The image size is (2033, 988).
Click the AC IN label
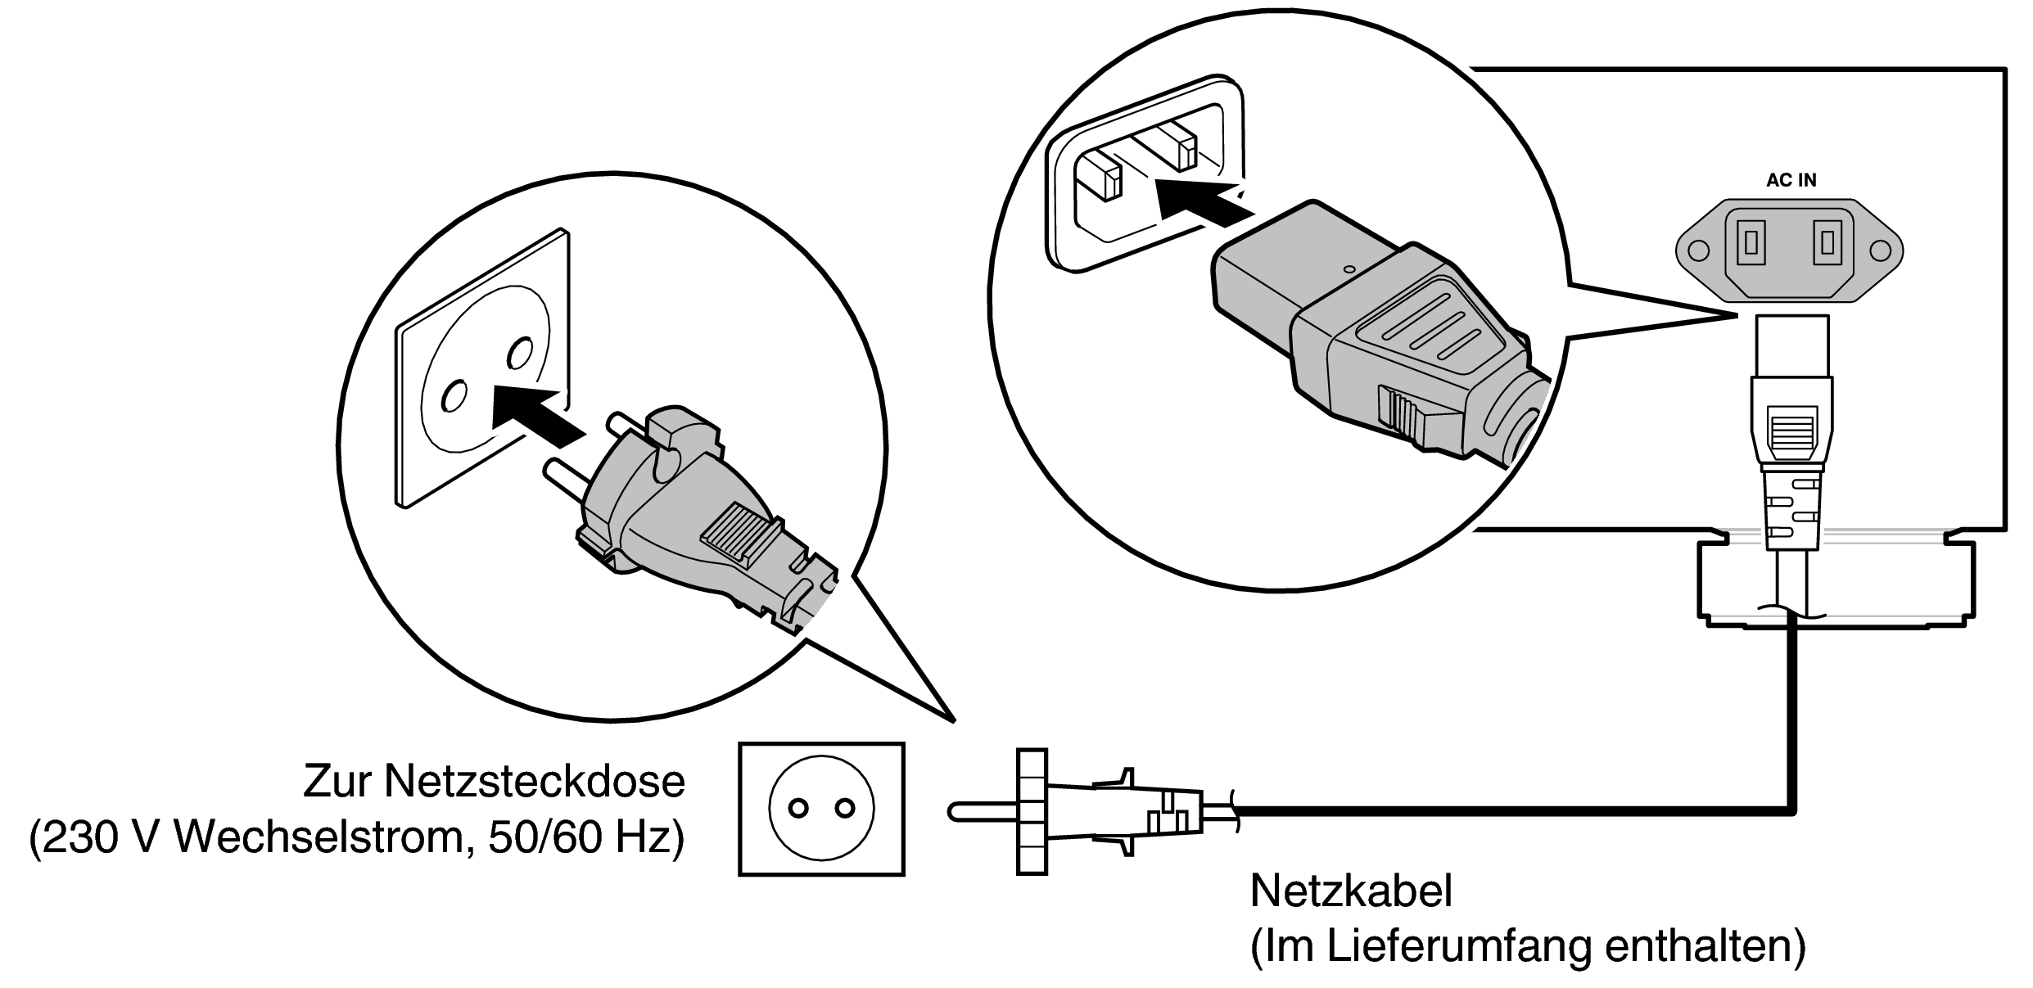point(1791,181)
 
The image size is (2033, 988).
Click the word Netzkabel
point(1351,890)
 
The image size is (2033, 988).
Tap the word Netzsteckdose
point(534,781)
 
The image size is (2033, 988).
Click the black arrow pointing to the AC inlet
point(1199,205)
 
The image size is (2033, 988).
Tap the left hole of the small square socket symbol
point(798,809)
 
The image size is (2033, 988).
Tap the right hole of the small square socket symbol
point(844,809)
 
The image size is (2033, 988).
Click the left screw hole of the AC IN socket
point(1699,250)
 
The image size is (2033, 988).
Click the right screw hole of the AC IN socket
point(1882,250)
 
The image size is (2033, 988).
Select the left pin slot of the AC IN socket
point(1751,242)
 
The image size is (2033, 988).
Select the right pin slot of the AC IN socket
point(1828,242)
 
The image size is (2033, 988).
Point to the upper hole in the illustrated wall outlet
point(518,353)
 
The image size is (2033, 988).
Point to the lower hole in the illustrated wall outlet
point(451,397)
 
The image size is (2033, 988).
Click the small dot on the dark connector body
point(1350,268)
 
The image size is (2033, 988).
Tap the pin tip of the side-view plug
point(955,811)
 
